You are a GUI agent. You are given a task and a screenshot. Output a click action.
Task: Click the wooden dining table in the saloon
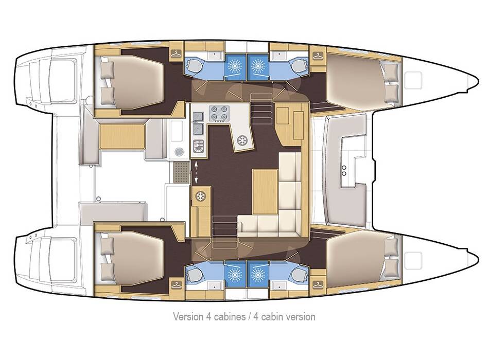point(265,191)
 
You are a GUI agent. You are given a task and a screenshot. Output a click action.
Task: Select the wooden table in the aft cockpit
point(121,136)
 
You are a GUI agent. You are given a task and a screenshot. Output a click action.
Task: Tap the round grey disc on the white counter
point(179,151)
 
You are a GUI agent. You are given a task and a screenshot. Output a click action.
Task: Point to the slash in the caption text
point(249,316)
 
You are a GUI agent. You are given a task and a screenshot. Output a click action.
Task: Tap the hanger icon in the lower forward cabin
point(317,283)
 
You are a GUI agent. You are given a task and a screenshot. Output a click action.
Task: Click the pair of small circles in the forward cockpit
point(344,170)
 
